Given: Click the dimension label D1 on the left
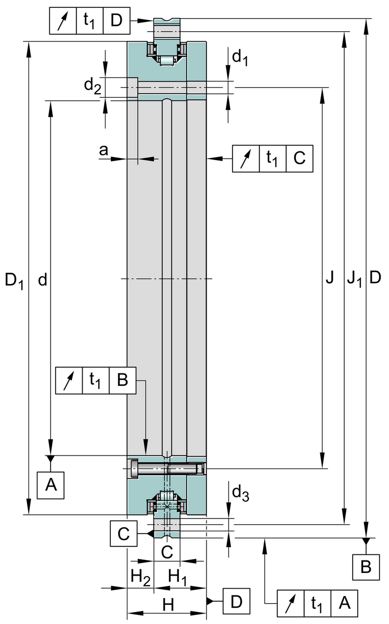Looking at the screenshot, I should click(x=14, y=281).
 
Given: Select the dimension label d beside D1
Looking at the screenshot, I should click(x=43, y=280).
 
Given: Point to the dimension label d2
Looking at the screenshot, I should click(x=92, y=86).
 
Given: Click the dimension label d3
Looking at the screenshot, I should click(x=240, y=492).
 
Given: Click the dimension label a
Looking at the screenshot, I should click(x=103, y=150).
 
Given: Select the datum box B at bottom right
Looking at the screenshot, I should click(x=366, y=567).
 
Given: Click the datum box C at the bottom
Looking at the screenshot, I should click(x=123, y=534).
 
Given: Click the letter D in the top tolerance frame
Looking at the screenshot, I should click(x=116, y=21).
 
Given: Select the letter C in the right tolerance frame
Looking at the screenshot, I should click(x=299, y=158).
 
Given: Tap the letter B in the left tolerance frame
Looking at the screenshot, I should click(x=122, y=380).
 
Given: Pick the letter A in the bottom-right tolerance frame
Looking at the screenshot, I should click(x=344, y=604).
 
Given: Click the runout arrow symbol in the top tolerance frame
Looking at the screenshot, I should click(x=63, y=21).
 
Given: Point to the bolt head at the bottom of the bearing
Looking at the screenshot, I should click(x=136, y=469).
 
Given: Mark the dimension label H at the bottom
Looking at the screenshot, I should click(x=167, y=604).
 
